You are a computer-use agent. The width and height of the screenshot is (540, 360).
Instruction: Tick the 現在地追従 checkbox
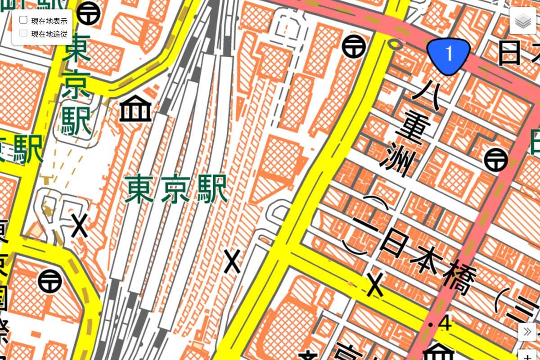[23, 32]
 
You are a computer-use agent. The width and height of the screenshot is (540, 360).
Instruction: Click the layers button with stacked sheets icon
[523, 21]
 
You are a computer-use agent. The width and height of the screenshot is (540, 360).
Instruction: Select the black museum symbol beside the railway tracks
[135, 109]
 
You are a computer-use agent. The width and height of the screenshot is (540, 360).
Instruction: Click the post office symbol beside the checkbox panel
[88, 13]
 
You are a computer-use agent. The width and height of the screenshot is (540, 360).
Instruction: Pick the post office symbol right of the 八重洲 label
[496, 159]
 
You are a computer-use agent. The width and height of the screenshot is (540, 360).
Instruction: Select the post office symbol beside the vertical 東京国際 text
[49, 281]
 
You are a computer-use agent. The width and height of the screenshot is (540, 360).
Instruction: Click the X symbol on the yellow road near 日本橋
[375, 284]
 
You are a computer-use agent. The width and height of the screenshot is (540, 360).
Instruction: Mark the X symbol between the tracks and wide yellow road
[233, 261]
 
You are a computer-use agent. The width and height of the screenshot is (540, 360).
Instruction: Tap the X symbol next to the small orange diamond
[80, 226]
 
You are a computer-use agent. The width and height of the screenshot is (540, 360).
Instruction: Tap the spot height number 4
[446, 324]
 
